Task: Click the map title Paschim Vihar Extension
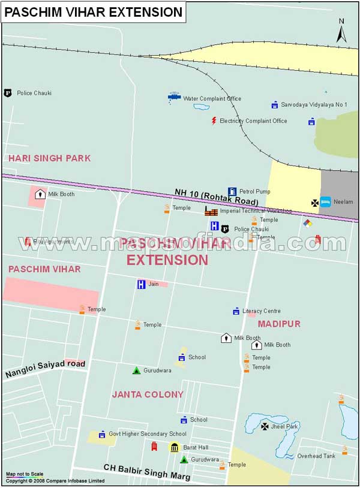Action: tap(94, 11)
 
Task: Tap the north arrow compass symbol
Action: tap(341, 31)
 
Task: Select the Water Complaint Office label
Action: tap(212, 98)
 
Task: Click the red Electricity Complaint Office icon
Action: tap(214, 121)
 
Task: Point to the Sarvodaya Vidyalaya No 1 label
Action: tap(314, 104)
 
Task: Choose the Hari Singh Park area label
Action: tap(49, 158)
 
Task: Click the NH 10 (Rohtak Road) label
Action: tap(217, 197)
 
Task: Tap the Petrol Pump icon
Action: tap(232, 191)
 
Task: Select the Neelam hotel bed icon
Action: tap(325, 201)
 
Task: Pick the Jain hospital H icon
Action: tap(142, 284)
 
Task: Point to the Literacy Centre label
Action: tap(262, 311)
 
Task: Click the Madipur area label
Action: tap(279, 324)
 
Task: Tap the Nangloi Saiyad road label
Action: tap(46, 368)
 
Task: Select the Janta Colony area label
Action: tap(148, 394)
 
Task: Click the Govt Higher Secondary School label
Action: tap(148, 433)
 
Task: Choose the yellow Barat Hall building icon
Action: tap(175, 447)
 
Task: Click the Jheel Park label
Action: tap(284, 426)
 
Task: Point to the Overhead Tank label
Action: tap(317, 456)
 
